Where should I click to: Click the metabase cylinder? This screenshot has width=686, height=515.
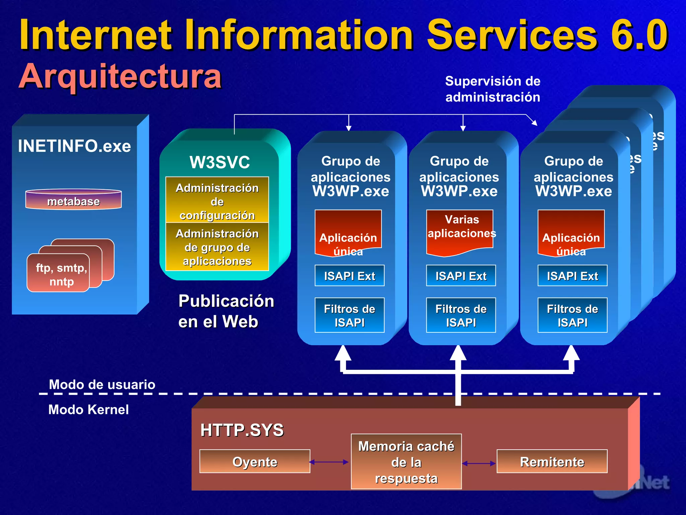point(73,200)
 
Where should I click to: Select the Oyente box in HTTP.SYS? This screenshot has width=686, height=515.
point(255,462)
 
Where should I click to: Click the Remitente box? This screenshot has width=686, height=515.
point(552,462)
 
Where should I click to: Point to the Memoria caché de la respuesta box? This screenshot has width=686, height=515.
point(406,462)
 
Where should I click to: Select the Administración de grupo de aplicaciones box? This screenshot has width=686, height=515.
point(217,247)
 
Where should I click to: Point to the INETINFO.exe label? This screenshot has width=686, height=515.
point(74,146)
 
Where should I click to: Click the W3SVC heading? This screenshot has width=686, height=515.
point(219,162)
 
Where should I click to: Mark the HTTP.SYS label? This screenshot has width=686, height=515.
point(242,430)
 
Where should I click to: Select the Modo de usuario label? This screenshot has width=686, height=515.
point(102,384)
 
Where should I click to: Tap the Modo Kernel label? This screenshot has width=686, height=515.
point(88,409)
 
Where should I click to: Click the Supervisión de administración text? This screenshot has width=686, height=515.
point(493,89)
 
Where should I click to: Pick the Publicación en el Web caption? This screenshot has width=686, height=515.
point(226,311)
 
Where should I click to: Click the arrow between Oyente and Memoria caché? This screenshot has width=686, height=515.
point(329,462)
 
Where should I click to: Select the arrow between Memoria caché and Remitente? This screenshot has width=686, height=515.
point(479,463)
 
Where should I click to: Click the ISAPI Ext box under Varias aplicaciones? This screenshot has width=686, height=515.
point(461,276)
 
